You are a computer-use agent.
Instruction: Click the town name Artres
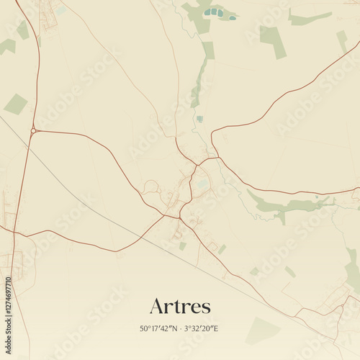point(180,306)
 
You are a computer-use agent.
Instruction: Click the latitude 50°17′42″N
point(160,329)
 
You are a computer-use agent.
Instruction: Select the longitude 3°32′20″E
point(201,329)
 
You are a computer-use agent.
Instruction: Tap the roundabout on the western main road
point(33,130)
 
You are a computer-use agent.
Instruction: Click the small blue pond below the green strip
point(199,119)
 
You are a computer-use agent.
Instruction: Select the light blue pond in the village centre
point(203,184)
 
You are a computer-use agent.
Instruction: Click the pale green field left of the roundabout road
point(15,104)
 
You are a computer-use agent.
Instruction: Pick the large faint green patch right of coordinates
point(262,330)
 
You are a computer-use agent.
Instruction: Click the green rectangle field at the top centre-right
point(273,41)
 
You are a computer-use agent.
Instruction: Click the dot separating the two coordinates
point(180,329)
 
